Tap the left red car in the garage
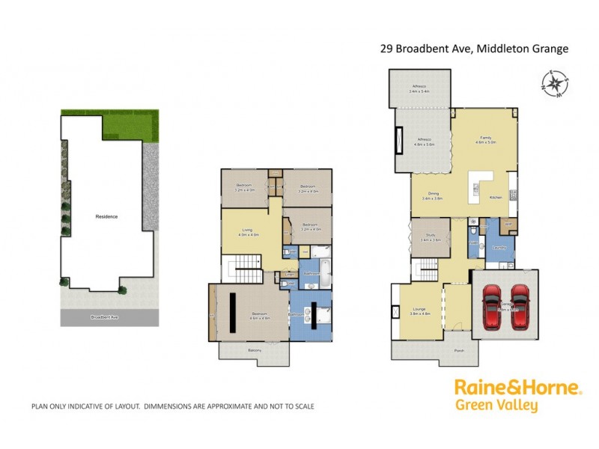coord(493,307)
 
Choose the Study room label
coord(430,237)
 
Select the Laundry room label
coord(499,248)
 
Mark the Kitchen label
coord(496,197)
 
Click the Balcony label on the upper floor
coord(254,349)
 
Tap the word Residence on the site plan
coord(106,216)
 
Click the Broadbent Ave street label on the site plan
coord(104,317)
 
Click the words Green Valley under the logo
coord(496,406)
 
